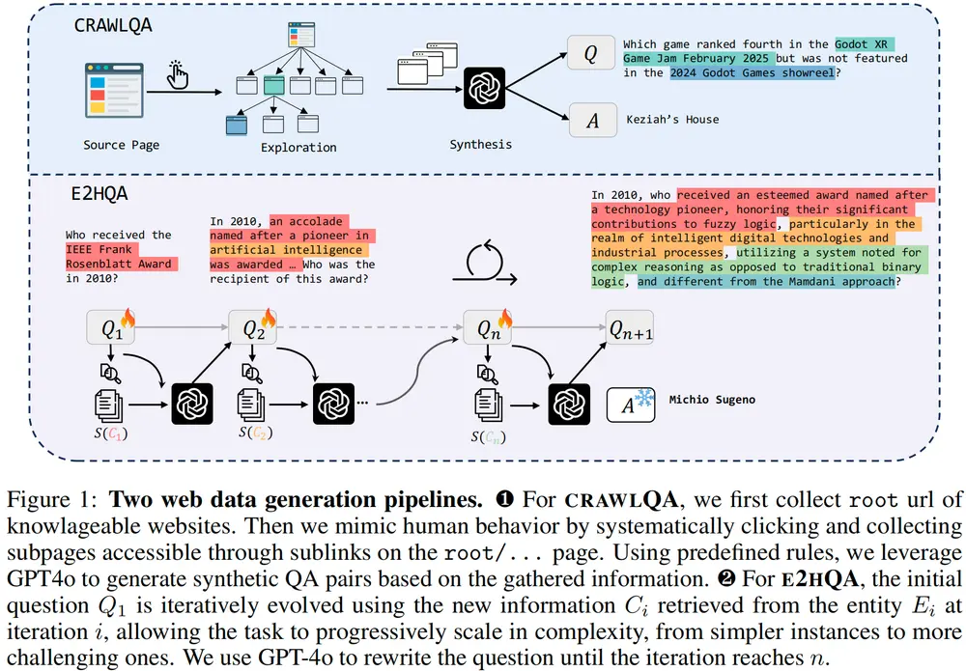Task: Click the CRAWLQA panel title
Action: (115, 26)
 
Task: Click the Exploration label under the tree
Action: (298, 148)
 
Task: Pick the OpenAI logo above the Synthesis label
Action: (481, 89)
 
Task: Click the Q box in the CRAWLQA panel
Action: (592, 55)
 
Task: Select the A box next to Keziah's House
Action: (592, 120)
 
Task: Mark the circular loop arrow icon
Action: (487, 261)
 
